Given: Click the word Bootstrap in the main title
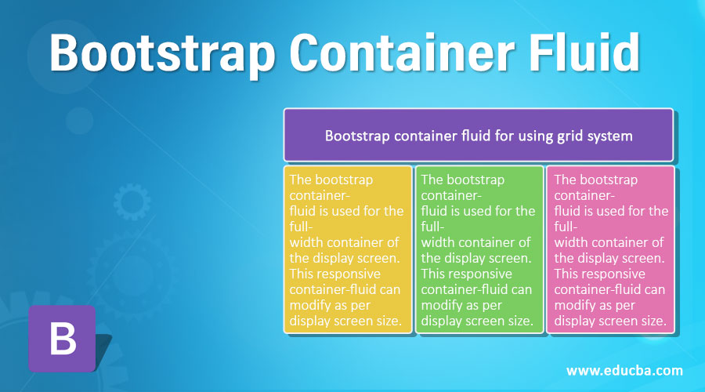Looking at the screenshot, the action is pos(162,53).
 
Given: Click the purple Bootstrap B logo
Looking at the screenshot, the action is pos(62,339).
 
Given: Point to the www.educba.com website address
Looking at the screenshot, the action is pos(624,371).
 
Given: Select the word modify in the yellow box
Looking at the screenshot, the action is pos(308,306).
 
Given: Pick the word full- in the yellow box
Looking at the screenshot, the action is pos(302,227).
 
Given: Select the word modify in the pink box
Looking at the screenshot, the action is pos(573,306).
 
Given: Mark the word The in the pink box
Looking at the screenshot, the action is pos(565,180).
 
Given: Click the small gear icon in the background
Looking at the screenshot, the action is pos(132,201).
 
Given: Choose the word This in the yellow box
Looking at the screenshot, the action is pos(300,274).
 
